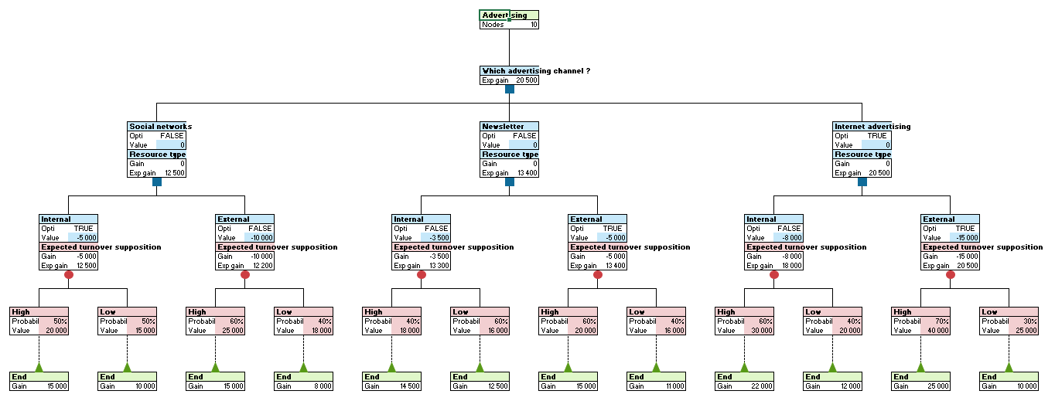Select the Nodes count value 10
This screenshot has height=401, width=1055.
click(533, 25)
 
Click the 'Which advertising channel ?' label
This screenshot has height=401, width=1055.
click(535, 71)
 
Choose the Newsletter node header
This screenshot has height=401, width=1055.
click(503, 127)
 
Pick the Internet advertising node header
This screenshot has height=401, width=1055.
click(872, 127)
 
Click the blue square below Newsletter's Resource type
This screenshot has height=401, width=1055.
click(510, 182)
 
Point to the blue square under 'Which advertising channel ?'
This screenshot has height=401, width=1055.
click(510, 89)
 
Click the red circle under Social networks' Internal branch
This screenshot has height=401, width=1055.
click(69, 274)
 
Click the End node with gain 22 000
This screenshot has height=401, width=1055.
click(743, 381)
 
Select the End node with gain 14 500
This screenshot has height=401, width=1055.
click(391, 381)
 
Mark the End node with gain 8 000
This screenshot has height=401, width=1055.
click(302, 381)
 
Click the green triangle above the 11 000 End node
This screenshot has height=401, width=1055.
click(656, 367)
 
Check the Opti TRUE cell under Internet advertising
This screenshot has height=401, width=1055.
click(876, 136)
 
